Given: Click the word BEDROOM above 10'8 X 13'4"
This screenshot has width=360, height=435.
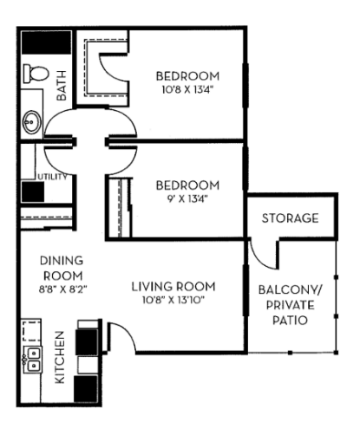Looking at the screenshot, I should [x=186, y=75].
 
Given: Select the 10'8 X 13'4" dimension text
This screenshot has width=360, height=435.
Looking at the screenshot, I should [x=186, y=89].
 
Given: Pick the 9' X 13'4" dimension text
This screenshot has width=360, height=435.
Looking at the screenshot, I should [x=186, y=198].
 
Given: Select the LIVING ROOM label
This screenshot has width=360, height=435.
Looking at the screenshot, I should [x=173, y=287].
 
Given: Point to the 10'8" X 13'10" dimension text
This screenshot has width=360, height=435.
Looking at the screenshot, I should [x=173, y=302].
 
